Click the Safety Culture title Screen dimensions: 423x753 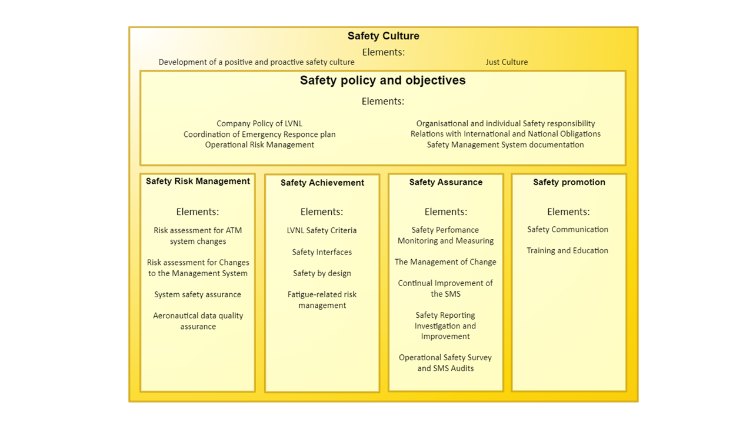(x=383, y=36)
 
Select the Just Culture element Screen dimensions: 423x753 (x=507, y=62)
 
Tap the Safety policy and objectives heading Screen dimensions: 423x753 (x=382, y=80)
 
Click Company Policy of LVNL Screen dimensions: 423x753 (x=259, y=123)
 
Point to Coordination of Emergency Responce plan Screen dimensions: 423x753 (x=259, y=134)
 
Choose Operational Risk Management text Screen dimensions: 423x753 (x=259, y=145)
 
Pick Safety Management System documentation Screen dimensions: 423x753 (x=505, y=145)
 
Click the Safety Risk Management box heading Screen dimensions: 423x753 (x=198, y=182)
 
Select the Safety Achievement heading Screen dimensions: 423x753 (x=322, y=183)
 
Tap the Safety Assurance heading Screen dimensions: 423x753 (x=446, y=182)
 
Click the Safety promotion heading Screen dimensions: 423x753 (x=569, y=182)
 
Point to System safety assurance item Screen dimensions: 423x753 (x=198, y=294)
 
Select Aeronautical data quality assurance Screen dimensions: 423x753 (x=198, y=321)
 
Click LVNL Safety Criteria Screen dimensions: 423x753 (x=322, y=230)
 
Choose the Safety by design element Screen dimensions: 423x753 (x=322, y=273)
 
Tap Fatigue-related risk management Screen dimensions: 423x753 (x=322, y=300)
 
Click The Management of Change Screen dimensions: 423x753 (x=445, y=262)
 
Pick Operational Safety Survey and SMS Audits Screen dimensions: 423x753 (x=445, y=362)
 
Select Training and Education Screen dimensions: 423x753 (x=567, y=250)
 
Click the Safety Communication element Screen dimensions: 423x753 (x=567, y=229)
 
